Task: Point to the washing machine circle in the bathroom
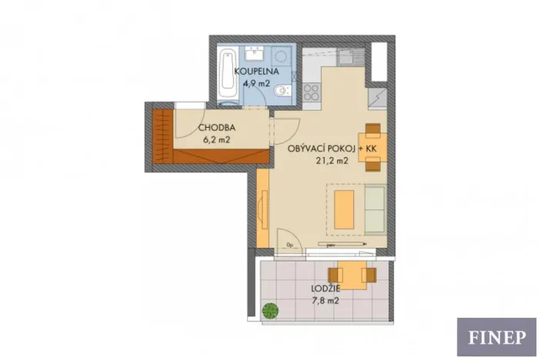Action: point(281,56)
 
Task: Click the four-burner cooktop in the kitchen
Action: point(312,92)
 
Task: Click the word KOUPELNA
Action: point(258,72)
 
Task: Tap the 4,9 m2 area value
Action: point(257,82)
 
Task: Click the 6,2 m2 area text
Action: point(217,139)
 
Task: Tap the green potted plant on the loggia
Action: point(270,311)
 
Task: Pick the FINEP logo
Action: point(496,337)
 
